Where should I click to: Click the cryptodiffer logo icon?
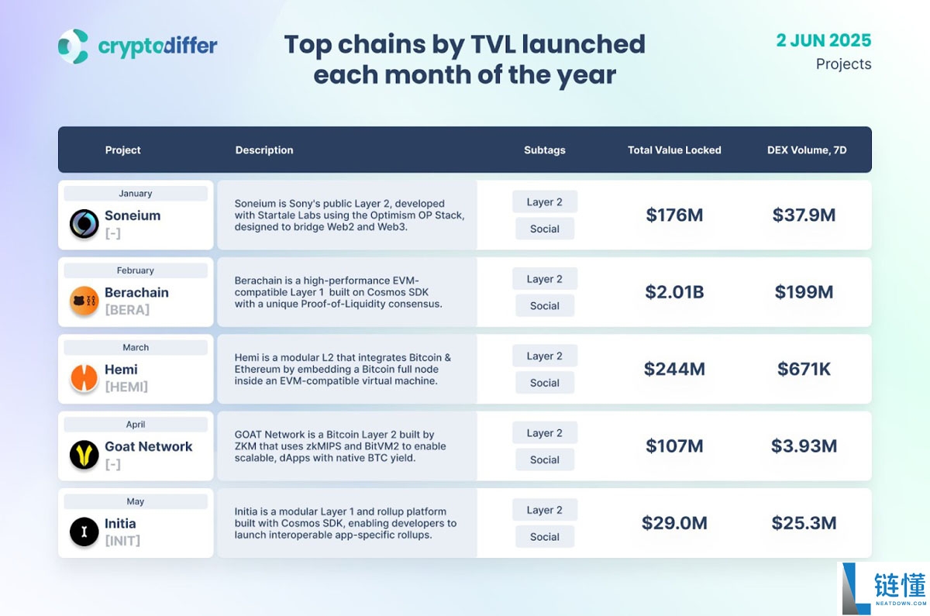point(73,46)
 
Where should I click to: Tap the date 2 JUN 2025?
point(824,40)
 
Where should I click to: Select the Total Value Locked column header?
point(674,150)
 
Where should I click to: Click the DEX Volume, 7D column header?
point(807,150)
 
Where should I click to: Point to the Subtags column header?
point(545,150)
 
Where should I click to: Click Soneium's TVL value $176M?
point(674,215)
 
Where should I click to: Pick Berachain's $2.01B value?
point(674,292)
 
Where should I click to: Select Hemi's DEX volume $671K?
point(804,370)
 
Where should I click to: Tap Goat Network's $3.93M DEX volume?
point(804,446)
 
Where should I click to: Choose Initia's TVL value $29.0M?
point(674,523)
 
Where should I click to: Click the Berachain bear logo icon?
point(84,301)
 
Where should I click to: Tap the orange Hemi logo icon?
point(84,377)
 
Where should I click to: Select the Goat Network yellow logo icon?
point(84,455)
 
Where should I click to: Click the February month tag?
point(136,270)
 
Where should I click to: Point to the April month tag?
point(136,425)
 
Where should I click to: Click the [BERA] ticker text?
point(127,310)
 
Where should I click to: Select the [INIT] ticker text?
point(122,541)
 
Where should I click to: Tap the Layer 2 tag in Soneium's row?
point(545,202)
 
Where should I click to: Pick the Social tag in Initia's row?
point(545,537)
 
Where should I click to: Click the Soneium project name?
point(133,215)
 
